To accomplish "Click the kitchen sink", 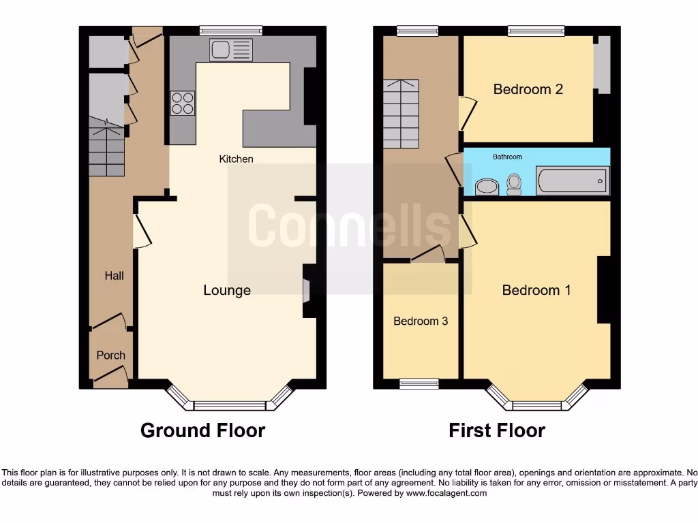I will point(231,50).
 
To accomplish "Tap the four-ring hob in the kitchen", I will point(182,103).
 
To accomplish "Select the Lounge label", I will point(227,290).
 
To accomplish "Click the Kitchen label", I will point(236,159).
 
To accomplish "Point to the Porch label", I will point(110,355).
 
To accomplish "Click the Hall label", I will point(114,276).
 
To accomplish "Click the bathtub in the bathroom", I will point(572,181).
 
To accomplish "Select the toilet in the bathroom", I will point(514,183).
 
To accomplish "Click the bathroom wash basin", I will point(486,186).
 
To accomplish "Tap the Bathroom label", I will point(507,157).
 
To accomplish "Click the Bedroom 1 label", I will point(536,290).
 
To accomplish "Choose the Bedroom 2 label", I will point(528,89).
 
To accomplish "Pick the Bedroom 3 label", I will point(421,321).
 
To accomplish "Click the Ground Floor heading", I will point(202,430).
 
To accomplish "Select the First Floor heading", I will point(496,430).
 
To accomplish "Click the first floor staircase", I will point(400,113).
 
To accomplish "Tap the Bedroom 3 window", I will point(419,383).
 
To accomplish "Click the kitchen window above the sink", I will point(231,30).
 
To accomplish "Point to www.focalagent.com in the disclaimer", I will point(446,493).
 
